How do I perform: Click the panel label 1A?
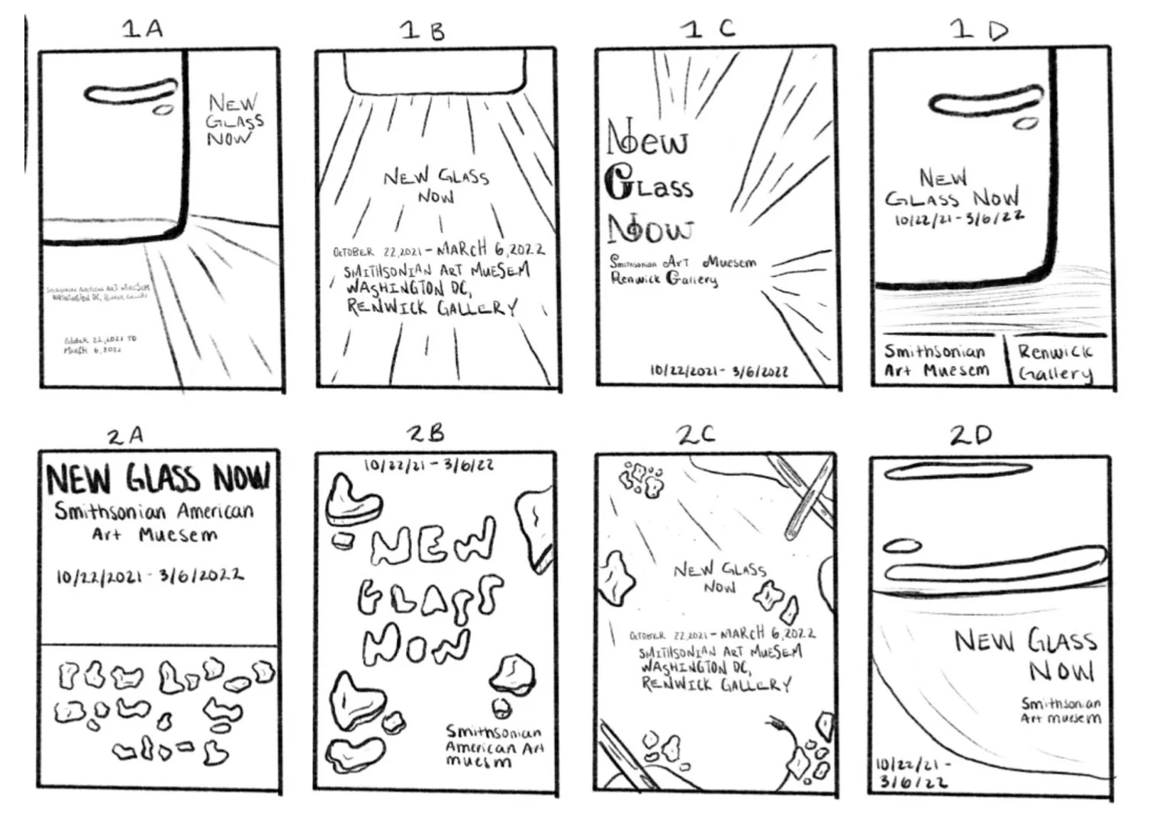pos(143,29)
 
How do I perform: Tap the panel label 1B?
pos(422,31)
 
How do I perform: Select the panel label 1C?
pos(708,29)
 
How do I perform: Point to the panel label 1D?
pos(979,30)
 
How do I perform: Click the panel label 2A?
pos(125,436)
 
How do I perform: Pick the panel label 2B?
pos(425,434)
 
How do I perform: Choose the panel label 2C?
pos(695,435)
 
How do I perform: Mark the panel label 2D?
pos(971,436)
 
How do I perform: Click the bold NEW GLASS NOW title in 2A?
pos(158,478)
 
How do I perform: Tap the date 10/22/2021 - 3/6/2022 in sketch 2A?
pos(150,575)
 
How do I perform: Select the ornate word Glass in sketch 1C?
pos(649,185)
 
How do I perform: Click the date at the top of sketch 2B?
pos(428,465)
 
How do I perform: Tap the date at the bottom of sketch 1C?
pos(718,371)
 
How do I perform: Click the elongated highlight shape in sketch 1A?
pos(130,94)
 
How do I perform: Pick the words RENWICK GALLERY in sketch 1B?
pos(432,307)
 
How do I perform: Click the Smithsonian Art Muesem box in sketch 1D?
pos(936,361)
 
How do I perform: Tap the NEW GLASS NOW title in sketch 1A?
pos(235,120)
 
